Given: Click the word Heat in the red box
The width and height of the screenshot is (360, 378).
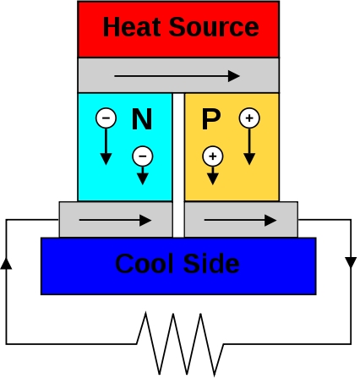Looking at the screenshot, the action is coord(133,27).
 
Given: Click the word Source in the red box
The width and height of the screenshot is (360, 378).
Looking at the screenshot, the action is coord(214,27).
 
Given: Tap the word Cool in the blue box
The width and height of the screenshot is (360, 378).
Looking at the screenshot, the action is coord(145,264).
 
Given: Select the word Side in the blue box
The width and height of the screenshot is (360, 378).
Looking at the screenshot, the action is coord(211,264).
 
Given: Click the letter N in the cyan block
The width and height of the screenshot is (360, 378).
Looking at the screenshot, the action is coord(142,119).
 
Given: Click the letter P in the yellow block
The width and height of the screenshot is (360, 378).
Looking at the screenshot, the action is coord(211,119).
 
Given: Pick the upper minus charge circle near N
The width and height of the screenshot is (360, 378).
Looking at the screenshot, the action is coord(106,118).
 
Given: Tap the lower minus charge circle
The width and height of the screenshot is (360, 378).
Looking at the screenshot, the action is coord(143,156).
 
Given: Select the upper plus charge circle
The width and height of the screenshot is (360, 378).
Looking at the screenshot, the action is coord(249,118).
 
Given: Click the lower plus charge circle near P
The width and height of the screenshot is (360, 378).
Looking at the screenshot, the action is coord(213,156).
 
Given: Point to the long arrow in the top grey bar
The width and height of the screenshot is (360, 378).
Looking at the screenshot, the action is coord(177,76).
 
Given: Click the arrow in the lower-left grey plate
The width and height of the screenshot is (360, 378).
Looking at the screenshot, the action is coord(116,220).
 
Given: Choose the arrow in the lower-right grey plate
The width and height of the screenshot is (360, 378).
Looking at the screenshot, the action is coord(240,220).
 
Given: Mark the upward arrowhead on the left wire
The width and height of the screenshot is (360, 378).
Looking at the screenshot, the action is coord(6,264).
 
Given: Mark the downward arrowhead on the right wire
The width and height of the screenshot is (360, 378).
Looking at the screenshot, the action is coord(351,263).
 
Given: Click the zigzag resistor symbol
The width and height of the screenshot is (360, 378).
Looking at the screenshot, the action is coord(180,344).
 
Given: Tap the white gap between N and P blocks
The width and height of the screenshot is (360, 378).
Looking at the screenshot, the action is coord(178,165).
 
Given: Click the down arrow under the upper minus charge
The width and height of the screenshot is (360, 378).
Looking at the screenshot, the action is coord(106,146).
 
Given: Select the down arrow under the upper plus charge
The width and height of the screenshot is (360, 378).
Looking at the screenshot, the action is coord(249,146).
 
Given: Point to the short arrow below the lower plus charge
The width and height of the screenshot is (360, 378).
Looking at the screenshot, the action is coord(213,176).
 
